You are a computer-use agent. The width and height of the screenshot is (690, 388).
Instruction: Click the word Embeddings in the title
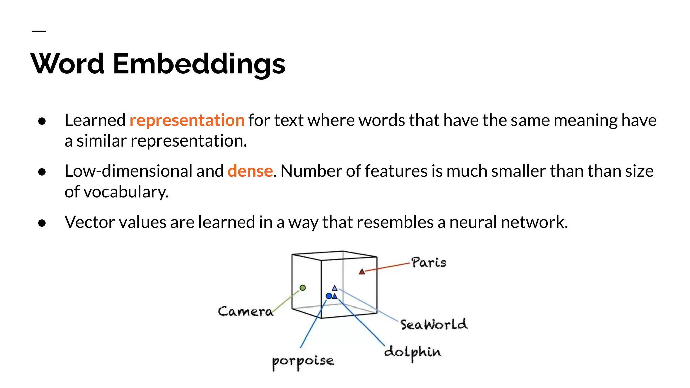coord(199,64)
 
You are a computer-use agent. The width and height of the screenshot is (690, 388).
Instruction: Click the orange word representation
coord(187,120)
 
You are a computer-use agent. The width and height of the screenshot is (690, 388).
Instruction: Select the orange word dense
coord(250,171)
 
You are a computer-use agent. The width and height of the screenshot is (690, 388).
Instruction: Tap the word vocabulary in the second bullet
coord(126,192)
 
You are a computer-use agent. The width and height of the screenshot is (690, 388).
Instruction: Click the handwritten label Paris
coord(429,263)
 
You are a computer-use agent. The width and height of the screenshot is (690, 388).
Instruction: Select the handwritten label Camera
coord(245,312)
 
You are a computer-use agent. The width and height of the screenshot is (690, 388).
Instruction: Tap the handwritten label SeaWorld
coord(434,325)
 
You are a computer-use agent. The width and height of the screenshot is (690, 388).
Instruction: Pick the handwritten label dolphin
coord(413,352)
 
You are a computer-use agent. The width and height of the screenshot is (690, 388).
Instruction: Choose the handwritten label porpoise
coord(303,362)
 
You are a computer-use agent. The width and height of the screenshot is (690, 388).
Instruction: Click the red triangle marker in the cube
coord(362,272)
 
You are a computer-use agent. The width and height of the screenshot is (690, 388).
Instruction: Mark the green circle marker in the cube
coord(303,288)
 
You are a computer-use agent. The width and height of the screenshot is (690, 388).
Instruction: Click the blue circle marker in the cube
coord(329,296)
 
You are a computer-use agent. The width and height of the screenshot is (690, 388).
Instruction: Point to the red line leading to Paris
coord(387,267)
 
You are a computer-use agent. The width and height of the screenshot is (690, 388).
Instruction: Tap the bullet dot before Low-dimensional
coord(42,172)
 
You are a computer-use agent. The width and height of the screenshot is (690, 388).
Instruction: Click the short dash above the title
coord(39,31)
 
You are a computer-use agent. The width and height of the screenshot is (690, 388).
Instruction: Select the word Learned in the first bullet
coord(95,120)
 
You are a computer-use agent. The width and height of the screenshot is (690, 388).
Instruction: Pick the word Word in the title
coord(68,64)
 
